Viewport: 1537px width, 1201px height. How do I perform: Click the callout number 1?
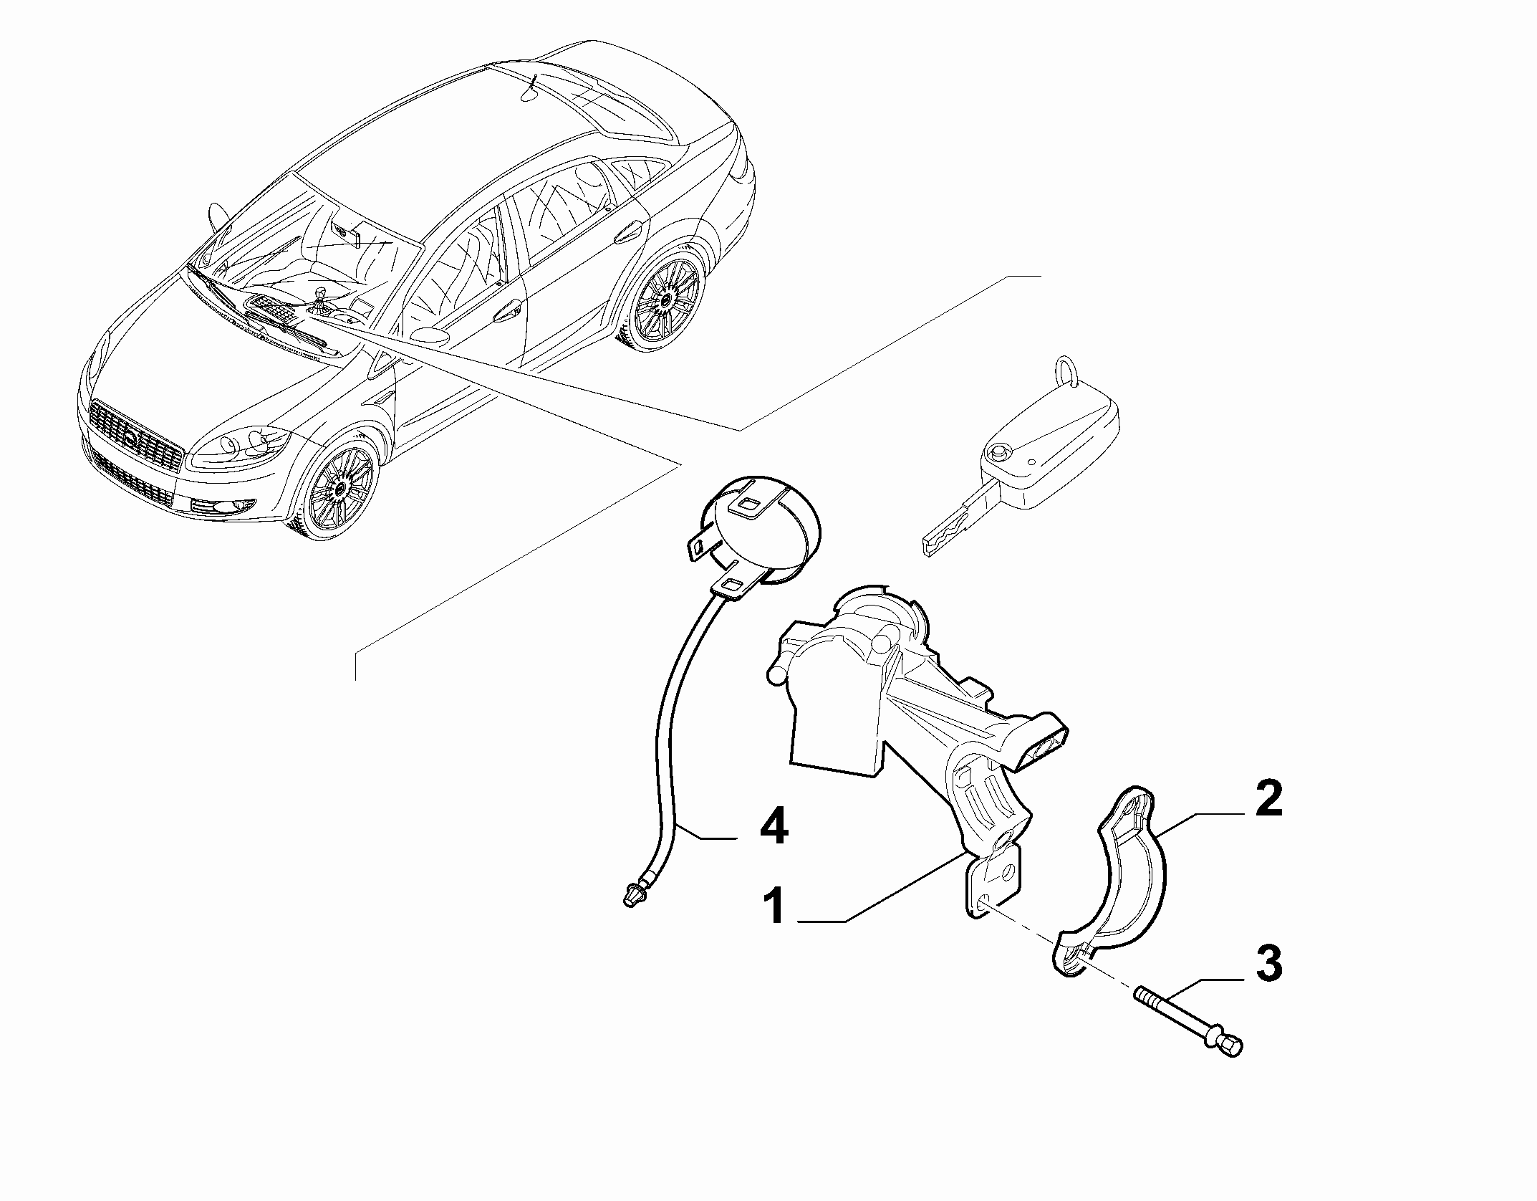pos(775,905)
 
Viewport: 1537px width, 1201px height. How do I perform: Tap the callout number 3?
pos(1268,965)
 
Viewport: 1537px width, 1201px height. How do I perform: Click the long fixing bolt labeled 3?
pos(1188,1014)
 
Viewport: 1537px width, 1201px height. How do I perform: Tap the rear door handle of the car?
pos(627,232)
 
